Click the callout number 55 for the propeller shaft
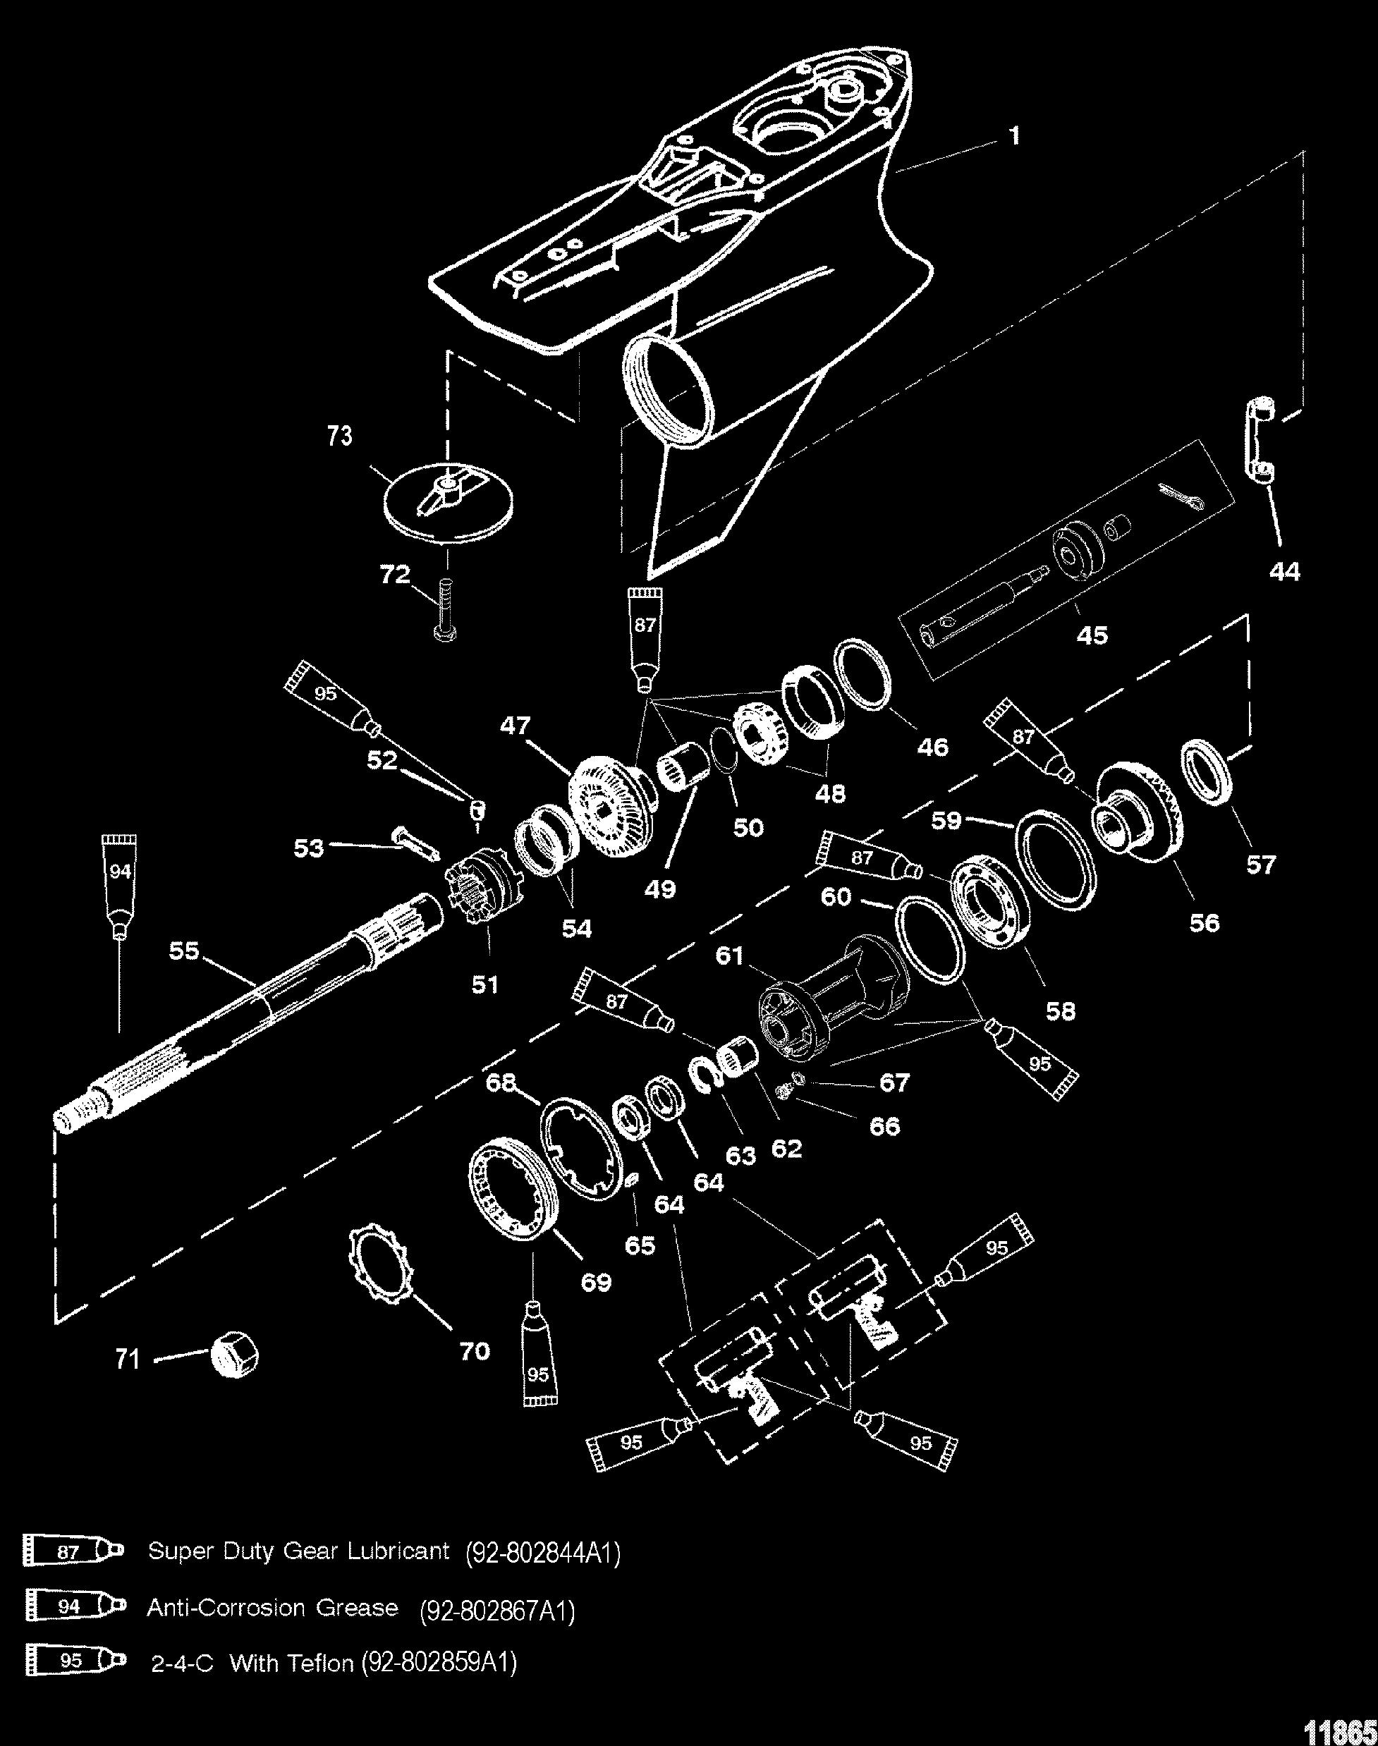click(x=183, y=951)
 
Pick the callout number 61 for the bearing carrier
click(x=728, y=956)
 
